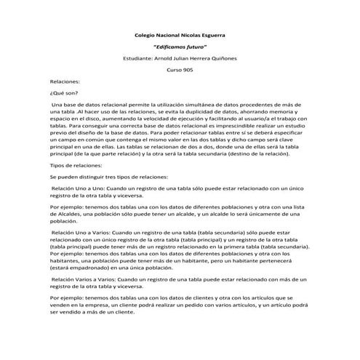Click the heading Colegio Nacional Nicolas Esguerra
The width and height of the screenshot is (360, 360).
coord(180,35)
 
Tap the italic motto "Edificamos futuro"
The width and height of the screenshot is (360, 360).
coord(181,46)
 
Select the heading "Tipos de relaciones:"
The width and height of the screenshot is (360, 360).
coord(79,165)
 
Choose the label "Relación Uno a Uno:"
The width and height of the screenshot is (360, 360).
coord(80,189)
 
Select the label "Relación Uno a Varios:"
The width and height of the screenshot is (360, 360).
coord(83,231)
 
